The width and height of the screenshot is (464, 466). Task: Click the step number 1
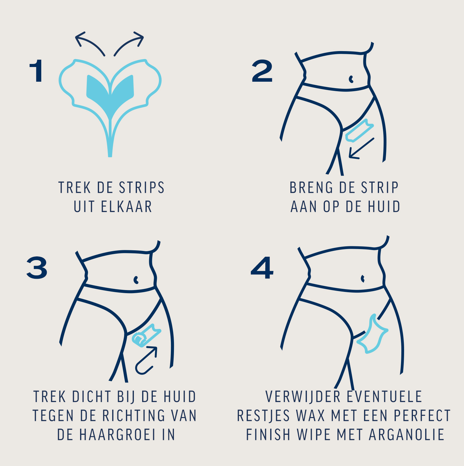(37, 71)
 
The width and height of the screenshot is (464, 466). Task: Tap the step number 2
(262, 71)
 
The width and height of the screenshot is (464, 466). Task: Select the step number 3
(37, 268)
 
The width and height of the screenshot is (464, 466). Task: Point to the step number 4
(262, 268)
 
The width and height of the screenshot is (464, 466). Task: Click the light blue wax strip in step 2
(359, 131)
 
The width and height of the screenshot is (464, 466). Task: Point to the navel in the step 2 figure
(351, 79)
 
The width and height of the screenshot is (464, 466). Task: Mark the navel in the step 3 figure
(136, 280)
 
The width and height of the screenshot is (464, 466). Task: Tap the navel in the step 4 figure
(363, 279)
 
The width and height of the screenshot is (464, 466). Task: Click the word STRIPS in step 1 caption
(142, 188)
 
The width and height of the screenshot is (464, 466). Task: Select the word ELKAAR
(126, 207)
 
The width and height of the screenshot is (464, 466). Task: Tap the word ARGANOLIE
(407, 435)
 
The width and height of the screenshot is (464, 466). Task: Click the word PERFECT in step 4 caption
(422, 416)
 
